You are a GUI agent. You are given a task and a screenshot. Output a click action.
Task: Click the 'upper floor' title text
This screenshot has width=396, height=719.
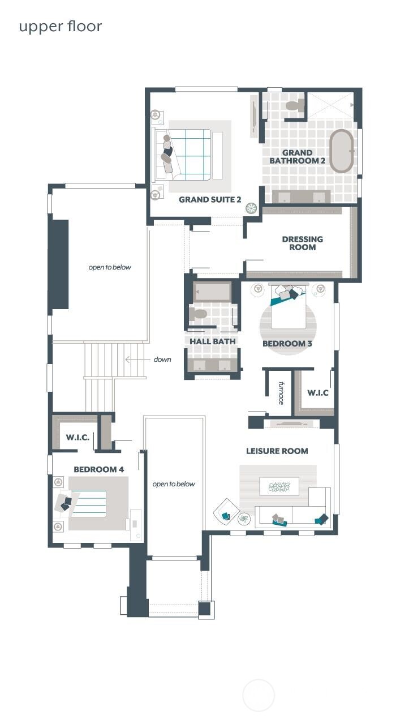tap(61, 27)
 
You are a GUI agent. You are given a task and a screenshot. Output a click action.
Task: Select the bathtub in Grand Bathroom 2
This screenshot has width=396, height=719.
tap(342, 151)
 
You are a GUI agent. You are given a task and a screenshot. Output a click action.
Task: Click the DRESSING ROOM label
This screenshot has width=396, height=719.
tap(303, 243)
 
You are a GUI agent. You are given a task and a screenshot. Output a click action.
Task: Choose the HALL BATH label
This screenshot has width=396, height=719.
tap(212, 341)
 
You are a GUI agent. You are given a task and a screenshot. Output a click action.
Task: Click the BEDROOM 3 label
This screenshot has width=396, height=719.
tap(287, 343)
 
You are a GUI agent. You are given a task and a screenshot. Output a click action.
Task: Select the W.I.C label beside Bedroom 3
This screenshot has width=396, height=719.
tap(318, 392)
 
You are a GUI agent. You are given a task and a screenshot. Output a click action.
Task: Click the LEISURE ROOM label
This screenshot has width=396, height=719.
tap(277, 451)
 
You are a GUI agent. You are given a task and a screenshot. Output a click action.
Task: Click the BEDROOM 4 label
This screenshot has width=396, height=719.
tap(98, 469)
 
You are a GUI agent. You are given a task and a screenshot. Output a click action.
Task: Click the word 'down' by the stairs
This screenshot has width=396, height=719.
tap(162, 359)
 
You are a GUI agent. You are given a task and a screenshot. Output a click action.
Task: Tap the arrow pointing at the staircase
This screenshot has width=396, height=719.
tap(135, 359)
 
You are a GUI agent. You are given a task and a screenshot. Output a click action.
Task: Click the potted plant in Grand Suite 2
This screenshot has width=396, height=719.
tap(250, 208)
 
